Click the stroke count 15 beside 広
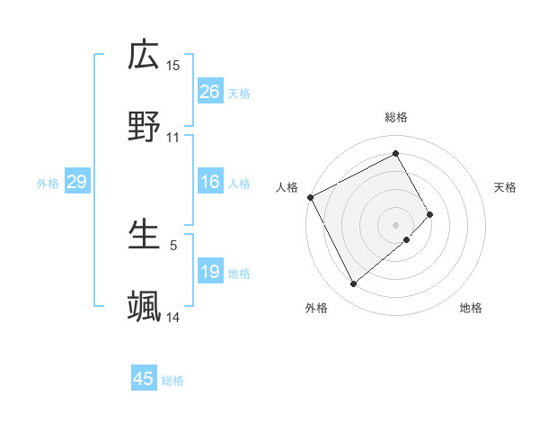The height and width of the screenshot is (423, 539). [173, 66]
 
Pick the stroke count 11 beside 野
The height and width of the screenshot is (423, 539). [173, 138]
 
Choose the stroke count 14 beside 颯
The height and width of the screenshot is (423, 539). [173, 317]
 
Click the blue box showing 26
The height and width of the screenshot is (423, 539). [210, 92]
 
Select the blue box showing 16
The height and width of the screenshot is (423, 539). [210, 183]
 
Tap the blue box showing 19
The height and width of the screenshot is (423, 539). [210, 272]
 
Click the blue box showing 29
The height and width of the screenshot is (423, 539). [76, 183]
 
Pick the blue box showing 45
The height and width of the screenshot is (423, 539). [144, 379]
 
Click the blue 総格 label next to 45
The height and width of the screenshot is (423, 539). [172, 381]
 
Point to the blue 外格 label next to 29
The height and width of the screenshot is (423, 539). [48, 184]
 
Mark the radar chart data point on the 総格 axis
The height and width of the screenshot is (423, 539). [395, 154]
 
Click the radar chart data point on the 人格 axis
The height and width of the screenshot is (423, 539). [310, 197]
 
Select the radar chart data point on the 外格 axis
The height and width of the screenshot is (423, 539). [353, 284]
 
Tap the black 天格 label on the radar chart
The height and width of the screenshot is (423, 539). [506, 187]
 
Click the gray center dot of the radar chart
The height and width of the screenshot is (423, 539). [395, 224]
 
